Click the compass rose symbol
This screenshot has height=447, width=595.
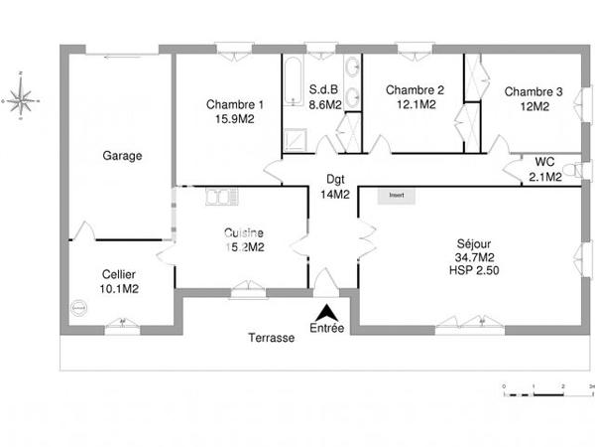pos(21,97)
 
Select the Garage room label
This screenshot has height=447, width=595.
pos(123,156)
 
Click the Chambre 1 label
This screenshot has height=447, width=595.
pos(235,105)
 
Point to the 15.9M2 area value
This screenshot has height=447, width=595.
pos(235,120)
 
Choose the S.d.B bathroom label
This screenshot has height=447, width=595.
pos(324,88)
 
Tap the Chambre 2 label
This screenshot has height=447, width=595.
pos(415,89)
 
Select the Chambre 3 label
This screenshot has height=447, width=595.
pos(534,92)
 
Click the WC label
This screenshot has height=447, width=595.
pos(544,162)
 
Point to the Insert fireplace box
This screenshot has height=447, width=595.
pos(397,196)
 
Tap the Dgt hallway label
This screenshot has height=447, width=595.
pos(334,180)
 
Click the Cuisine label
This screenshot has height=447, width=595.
pos(243,233)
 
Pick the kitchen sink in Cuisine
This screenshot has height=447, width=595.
pos(218,198)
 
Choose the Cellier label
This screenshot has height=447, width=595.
pos(119,275)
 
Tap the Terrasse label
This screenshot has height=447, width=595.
pos(271,338)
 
